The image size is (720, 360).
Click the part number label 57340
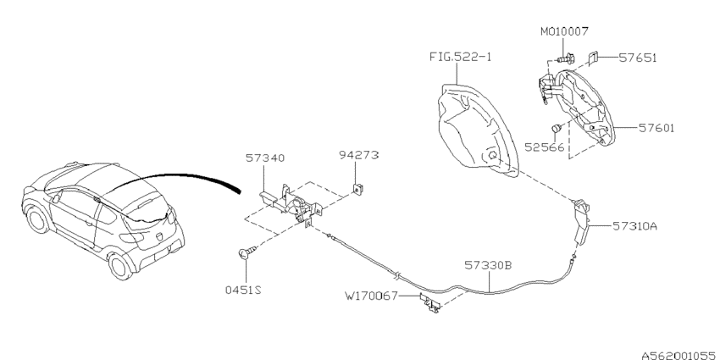coord(265,157)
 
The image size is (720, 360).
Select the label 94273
coord(359,156)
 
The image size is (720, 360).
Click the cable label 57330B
coord(487,264)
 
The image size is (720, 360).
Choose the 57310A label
coord(633,226)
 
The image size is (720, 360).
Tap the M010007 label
coord(564,31)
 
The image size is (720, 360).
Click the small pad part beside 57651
coord(595,58)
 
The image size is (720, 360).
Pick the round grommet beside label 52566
coord(557,128)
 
